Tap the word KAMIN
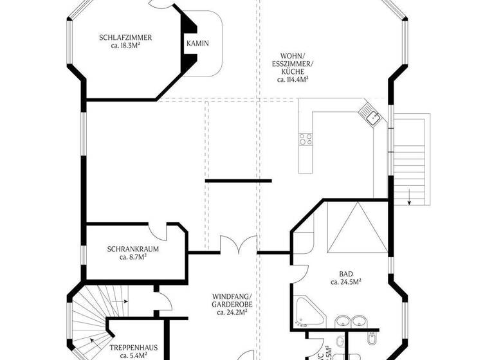pyautogui.click(x=198, y=44)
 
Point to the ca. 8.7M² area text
pyautogui.click(x=133, y=257)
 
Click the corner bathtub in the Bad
pyautogui.click(x=307, y=312)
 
